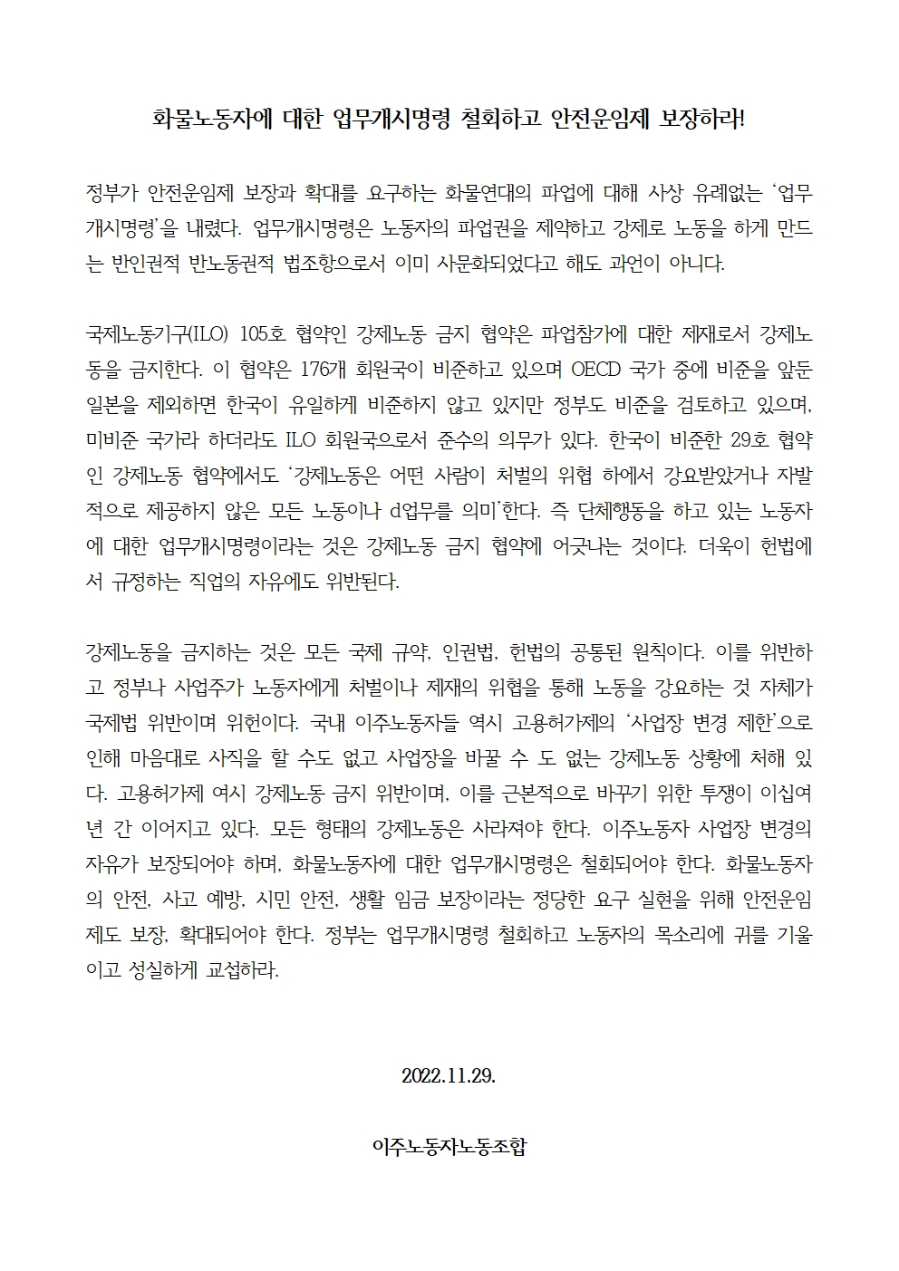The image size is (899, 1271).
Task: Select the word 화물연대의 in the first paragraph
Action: tap(488, 193)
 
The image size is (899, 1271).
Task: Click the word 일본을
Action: tap(112, 406)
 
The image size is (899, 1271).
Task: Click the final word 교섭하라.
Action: tap(243, 970)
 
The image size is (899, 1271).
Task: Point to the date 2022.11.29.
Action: tap(449, 1077)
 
